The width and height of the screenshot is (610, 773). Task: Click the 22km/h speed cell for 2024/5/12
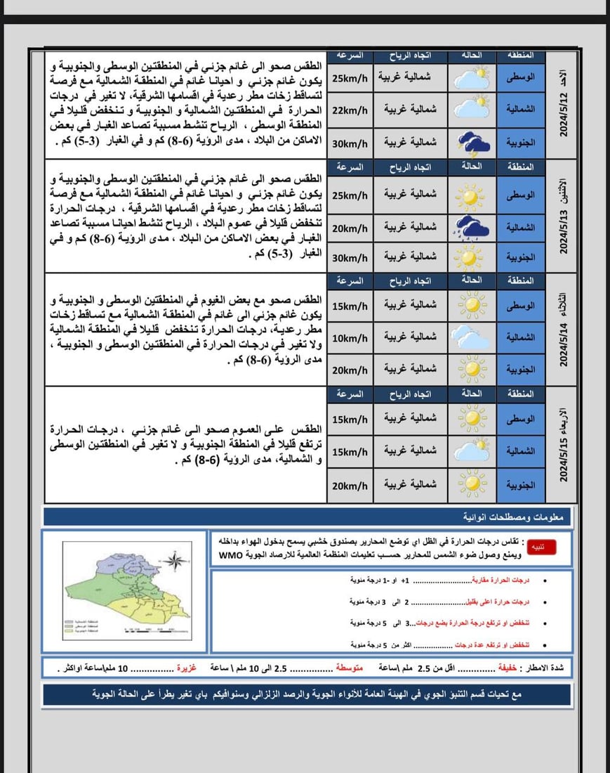pos(350,110)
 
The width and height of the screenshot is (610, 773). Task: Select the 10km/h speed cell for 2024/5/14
pos(350,339)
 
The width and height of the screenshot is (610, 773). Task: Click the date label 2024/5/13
pos(562,218)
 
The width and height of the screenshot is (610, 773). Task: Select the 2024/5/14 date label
pos(562,330)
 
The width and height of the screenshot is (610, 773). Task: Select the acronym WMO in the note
pos(230,556)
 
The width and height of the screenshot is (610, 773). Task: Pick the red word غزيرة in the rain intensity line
pos(187,667)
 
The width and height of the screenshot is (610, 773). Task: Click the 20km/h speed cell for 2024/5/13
pos(350,228)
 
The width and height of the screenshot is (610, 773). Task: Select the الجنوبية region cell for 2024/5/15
pos(521,485)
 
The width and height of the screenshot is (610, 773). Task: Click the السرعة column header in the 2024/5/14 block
pos(350,280)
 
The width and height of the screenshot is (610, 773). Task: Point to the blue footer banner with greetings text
pos(306,694)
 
